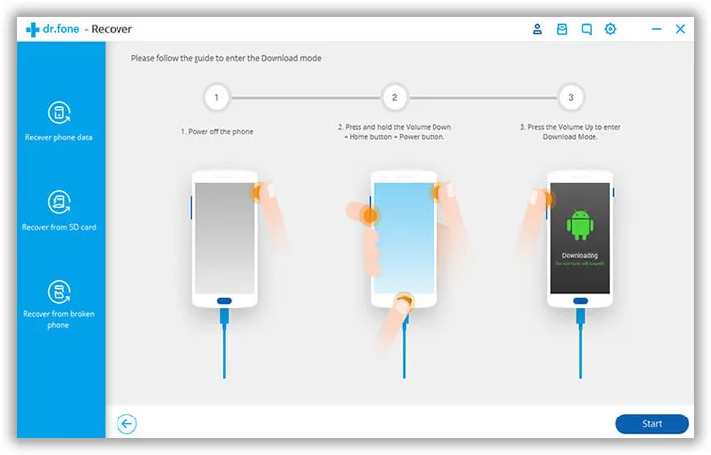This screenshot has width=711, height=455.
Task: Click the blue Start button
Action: coord(652,423)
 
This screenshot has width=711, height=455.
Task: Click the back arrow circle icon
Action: coord(126,423)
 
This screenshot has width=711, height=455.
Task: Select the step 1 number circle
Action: coord(216,97)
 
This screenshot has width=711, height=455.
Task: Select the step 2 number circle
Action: coord(394,97)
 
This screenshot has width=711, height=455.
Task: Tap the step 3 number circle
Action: coord(570,97)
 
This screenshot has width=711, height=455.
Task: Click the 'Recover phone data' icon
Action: coord(59,112)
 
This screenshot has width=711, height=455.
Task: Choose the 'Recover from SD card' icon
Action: coord(59,202)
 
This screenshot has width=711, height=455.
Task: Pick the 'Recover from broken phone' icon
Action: coord(59,291)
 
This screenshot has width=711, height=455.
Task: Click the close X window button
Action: coord(680,29)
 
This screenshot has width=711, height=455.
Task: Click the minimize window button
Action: coord(656,29)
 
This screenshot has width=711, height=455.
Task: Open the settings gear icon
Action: coord(610,29)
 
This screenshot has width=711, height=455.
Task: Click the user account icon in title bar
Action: coord(538,29)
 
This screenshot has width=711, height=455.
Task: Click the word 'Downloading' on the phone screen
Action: coord(580,255)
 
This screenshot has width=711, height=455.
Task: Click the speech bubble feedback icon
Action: coord(586,29)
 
